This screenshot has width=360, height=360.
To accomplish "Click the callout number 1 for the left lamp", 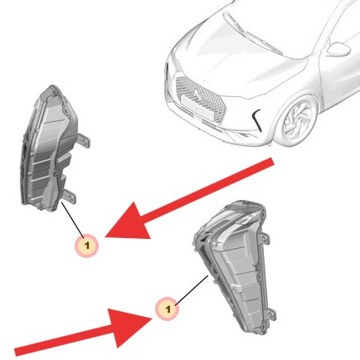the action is [x=86, y=245].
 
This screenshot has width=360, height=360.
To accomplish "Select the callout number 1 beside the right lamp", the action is [x=168, y=309].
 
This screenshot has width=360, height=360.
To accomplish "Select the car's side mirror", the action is [x=338, y=50].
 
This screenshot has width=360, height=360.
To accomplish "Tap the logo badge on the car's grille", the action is [x=197, y=94].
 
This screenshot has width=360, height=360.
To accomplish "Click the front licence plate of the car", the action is [x=198, y=109].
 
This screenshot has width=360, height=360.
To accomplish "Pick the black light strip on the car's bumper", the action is [x=255, y=119].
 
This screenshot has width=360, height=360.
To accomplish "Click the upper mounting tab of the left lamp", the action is [x=84, y=140].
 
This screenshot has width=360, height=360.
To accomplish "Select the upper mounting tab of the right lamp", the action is [x=264, y=239].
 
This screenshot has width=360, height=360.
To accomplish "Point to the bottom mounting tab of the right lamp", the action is [x=271, y=314].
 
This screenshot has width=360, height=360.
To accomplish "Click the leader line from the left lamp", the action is [x=73, y=220].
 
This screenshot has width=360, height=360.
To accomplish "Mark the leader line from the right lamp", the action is [x=192, y=290].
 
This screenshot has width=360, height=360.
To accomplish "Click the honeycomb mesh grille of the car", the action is [x=202, y=97].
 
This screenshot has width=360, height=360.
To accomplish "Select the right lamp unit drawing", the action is [x=235, y=265].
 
